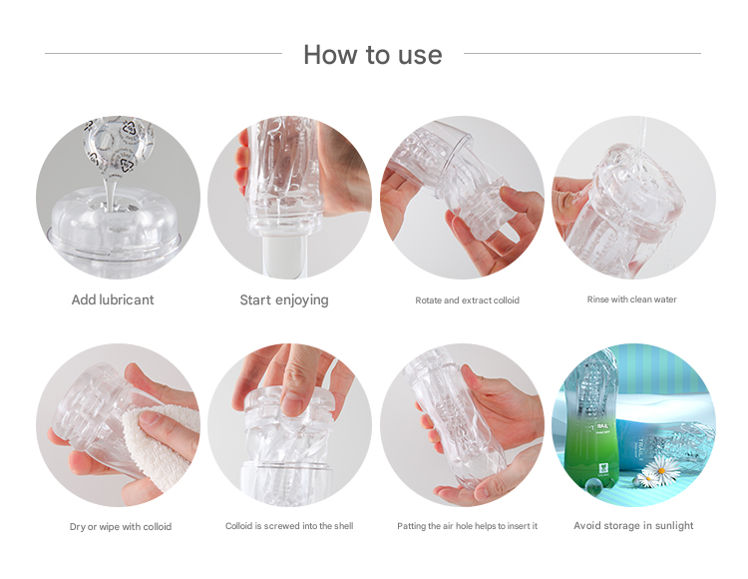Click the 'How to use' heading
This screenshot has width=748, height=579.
click(x=373, y=55)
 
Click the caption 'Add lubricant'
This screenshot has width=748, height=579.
click(x=113, y=299)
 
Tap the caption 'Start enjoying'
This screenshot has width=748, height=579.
click(x=284, y=300)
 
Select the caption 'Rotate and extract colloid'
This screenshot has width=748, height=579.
click(x=467, y=300)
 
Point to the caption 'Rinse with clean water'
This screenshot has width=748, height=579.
click(x=631, y=299)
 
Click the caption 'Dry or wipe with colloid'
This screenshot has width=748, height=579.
click(x=121, y=526)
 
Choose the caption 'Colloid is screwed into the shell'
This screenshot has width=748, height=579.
click(x=289, y=525)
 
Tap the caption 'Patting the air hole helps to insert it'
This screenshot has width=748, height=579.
click(x=467, y=525)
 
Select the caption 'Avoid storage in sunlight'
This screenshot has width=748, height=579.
click(x=633, y=525)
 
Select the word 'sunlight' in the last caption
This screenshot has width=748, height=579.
click(x=674, y=525)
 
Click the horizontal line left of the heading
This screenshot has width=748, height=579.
click(x=164, y=54)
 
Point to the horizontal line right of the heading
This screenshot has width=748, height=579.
click(x=582, y=54)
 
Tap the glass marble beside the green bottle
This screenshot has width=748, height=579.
click(x=593, y=485)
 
